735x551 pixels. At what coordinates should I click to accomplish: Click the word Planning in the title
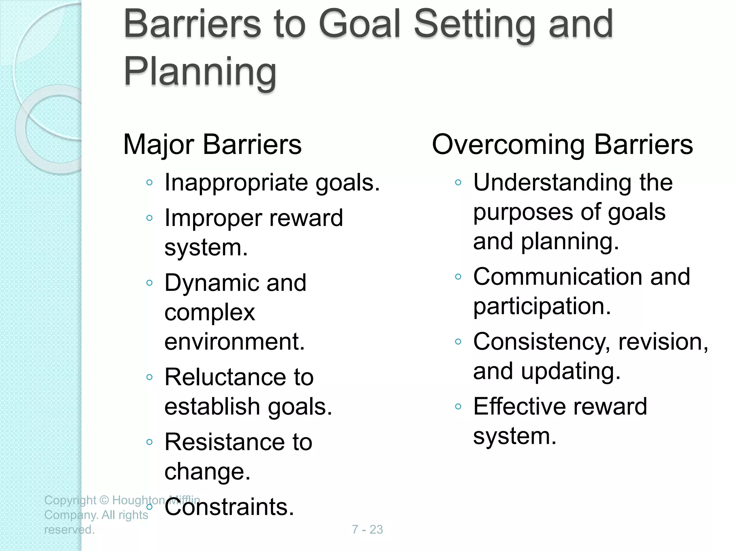point(200,71)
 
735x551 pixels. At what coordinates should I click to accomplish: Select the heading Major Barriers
point(212,145)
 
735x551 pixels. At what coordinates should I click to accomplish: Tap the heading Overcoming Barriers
point(562,145)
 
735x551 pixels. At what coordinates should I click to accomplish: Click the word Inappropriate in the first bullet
point(236,183)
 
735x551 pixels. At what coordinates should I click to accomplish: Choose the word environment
point(234,342)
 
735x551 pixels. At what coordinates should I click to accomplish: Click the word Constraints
point(229,507)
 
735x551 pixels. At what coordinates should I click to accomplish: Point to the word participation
point(542,307)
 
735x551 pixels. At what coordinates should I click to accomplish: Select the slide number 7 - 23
point(367,529)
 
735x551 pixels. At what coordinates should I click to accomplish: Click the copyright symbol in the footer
point(104,500)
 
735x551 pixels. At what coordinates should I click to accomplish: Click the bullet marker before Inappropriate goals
point(150,183)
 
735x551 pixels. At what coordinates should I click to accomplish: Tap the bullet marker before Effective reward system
point(458,406)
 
